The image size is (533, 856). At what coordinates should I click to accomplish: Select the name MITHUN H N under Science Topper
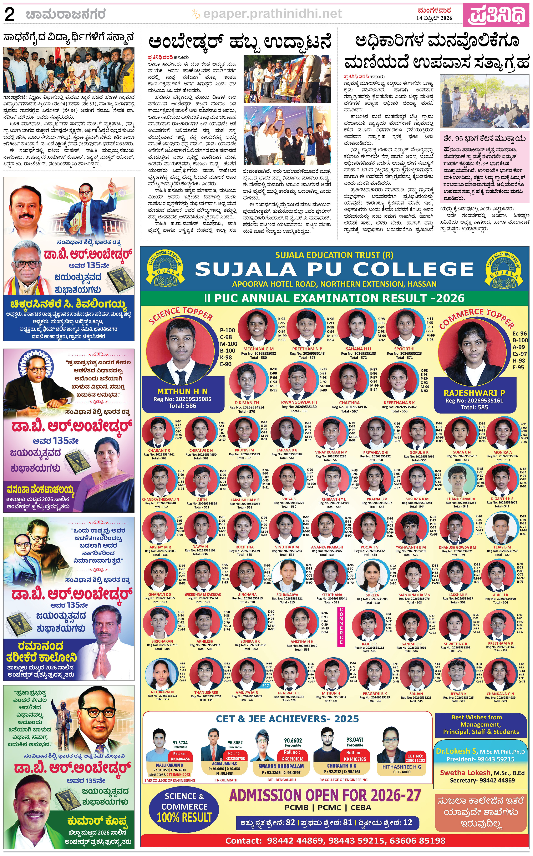(x=182, y=391)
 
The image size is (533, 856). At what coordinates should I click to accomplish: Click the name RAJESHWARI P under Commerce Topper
(x=474, y=393)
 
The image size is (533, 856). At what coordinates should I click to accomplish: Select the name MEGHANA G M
(x=258, y=349)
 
